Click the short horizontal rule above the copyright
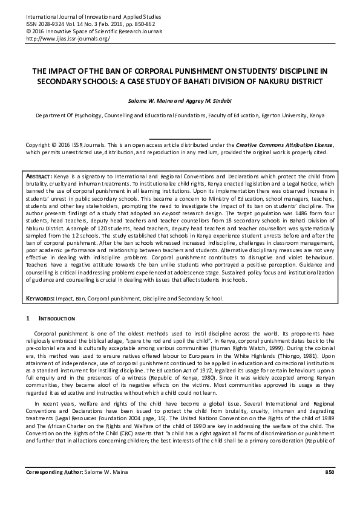point(180,139)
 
